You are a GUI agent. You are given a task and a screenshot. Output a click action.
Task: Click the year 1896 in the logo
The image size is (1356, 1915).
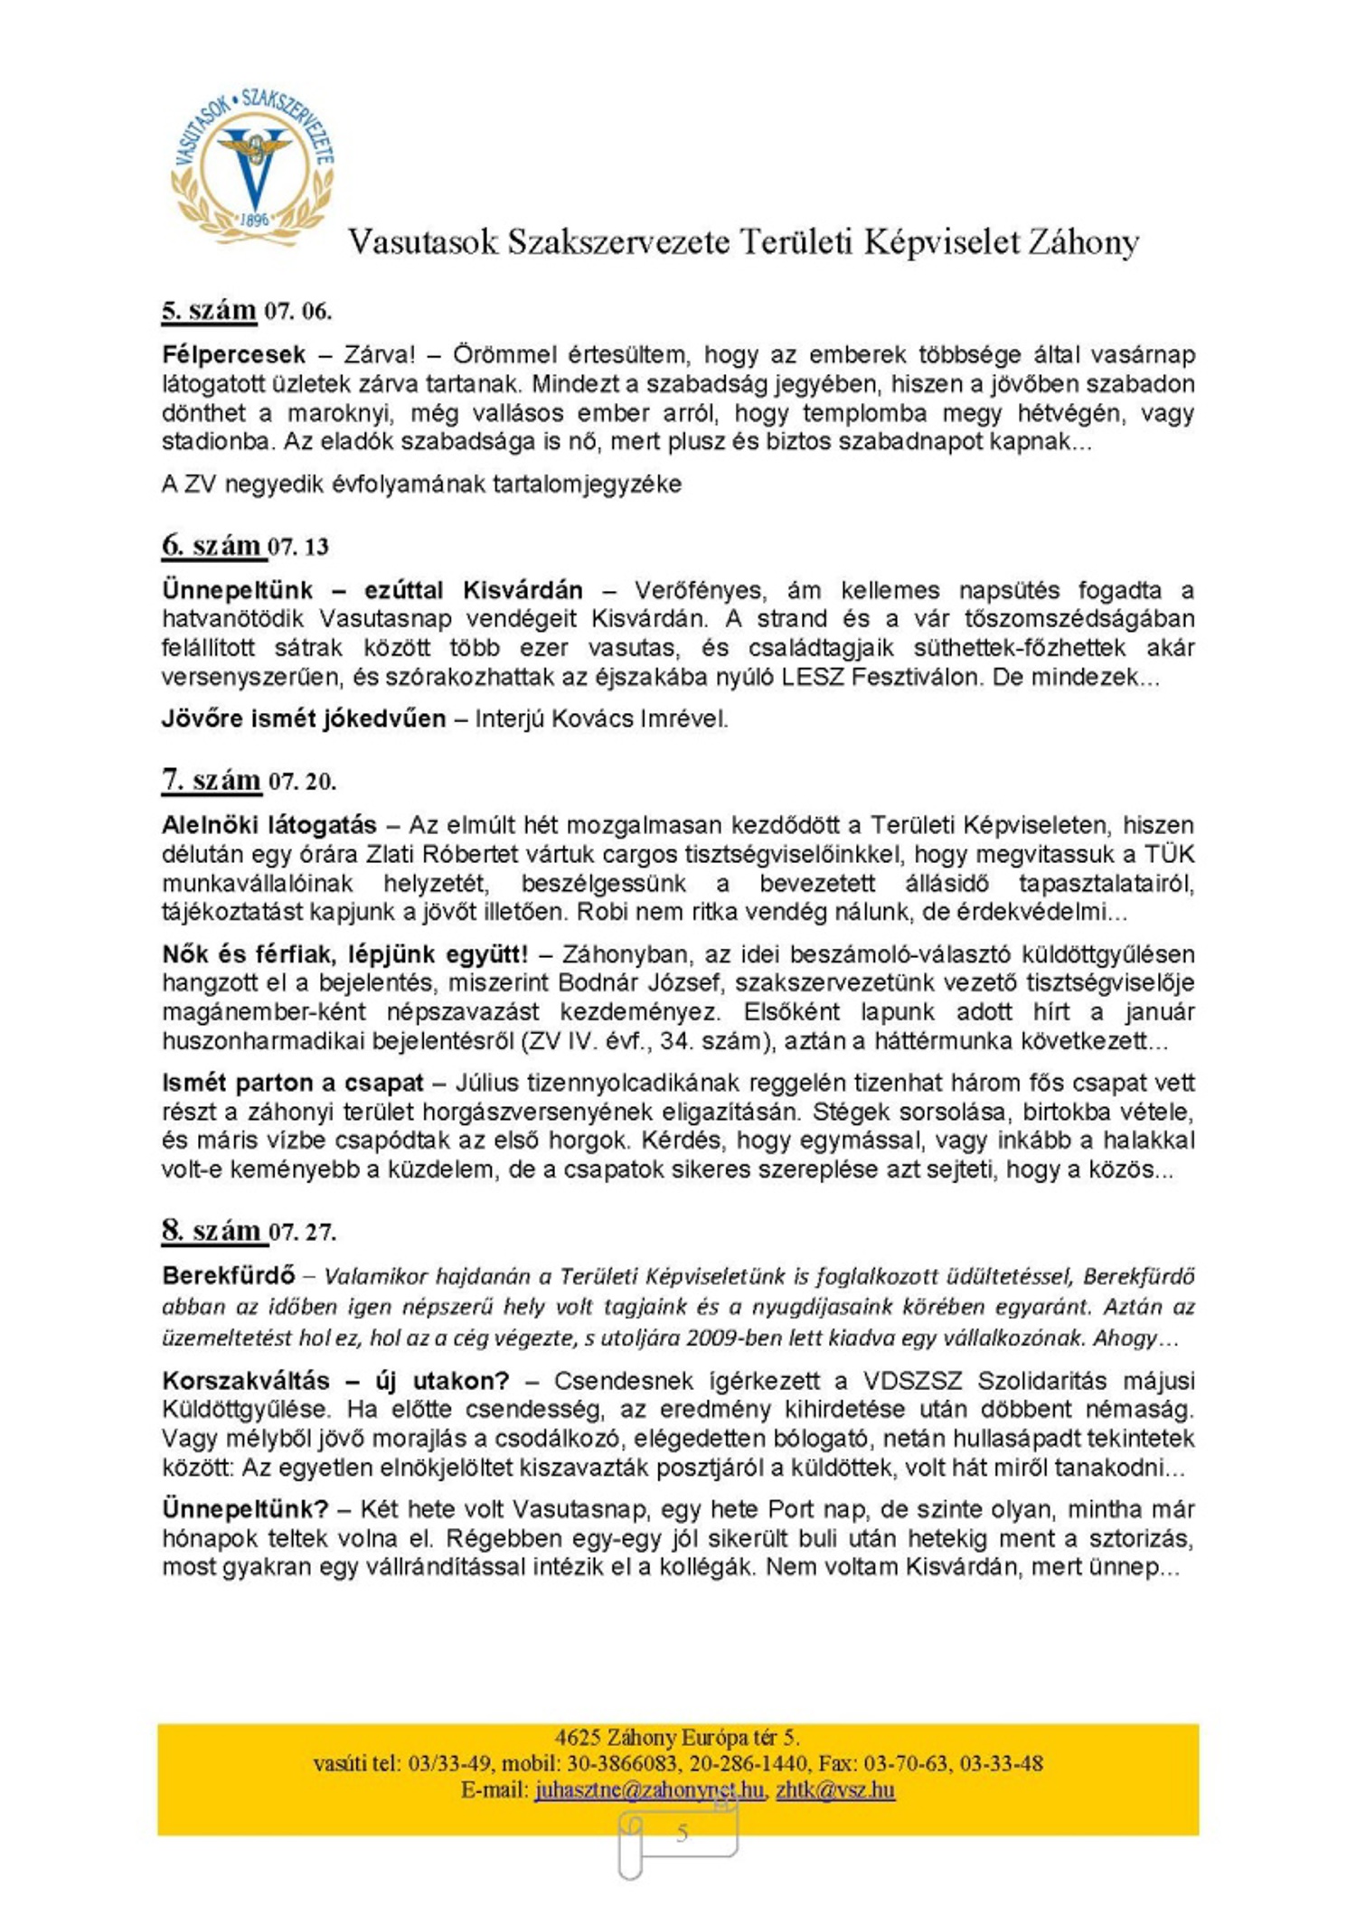coord(255,220)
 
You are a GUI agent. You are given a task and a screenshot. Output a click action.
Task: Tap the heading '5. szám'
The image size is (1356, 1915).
coord(209,310)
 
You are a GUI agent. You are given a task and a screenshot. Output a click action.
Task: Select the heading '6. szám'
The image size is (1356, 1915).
coord(212,545)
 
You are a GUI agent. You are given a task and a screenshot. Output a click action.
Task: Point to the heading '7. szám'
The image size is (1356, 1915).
coord(212,779)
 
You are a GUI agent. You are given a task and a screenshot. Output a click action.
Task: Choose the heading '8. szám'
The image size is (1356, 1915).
coord(212,1230)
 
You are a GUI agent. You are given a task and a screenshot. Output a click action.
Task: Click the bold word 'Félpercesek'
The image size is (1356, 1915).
coord(233,354)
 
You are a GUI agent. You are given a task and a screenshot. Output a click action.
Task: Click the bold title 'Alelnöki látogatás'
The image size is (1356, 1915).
coord(268,824)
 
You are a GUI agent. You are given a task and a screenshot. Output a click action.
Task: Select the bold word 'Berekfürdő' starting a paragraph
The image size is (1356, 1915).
coord(229,1275)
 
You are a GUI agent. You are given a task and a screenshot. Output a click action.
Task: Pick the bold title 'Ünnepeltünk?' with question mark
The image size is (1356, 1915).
coord(245,1508)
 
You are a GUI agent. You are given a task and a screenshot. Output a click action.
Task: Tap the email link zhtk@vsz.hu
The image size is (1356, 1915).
coord(835,1789)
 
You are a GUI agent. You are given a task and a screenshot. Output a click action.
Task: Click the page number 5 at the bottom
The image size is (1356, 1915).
coord(682,1833)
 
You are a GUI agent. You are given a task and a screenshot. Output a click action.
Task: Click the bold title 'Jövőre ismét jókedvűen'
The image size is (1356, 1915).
coord(304,718)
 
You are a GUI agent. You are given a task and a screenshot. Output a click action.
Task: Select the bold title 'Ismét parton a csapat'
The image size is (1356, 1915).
coord(292,1082)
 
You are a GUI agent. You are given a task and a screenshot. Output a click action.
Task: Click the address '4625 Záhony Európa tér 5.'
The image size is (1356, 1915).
coord(677,1737)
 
